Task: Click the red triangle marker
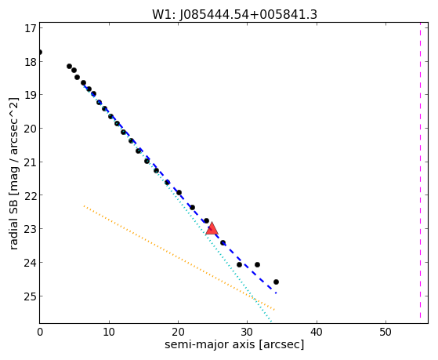tap(212, 228)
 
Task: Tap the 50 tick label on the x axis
tap(386, 333)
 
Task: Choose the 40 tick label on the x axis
tap(317, 333)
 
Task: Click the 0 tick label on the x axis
tap(40, 333)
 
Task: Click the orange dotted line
tap(179, 258)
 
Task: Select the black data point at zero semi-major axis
tap(40, 53)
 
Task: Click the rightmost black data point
tap(276, 282)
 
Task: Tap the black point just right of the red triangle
tap(223, 243)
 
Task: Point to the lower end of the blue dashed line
tap(276, 293)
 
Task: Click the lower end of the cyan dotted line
tap(270, 321)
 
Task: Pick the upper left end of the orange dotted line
tap(84, 205)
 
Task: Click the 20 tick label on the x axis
tap(178, 333)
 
